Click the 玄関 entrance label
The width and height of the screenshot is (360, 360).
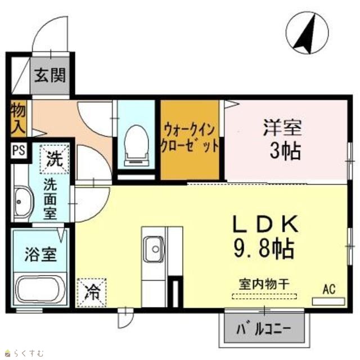click(50, 75)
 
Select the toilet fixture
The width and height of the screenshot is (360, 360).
click(136, 145)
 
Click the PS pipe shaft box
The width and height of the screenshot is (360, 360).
click(19, 151)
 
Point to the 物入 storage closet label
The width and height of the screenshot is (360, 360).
click(19, 118)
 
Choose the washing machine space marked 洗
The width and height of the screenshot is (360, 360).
click(55, 159)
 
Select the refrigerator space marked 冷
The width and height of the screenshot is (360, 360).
click(92, 292)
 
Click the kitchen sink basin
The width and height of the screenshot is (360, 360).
click(154, 249)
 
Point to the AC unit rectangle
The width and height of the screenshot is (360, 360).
click(328, 301)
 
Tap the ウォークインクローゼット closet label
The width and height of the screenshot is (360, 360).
click(190, 138)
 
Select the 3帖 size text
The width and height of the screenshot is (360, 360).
click(285, 151)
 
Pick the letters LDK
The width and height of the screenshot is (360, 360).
click(265, 224)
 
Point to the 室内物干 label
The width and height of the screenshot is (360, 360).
click(264, 284)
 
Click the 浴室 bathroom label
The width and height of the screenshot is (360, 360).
click(40, 254)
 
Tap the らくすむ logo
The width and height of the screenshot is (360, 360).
click(24, 353)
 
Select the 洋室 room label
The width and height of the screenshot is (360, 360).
click(282, 128)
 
